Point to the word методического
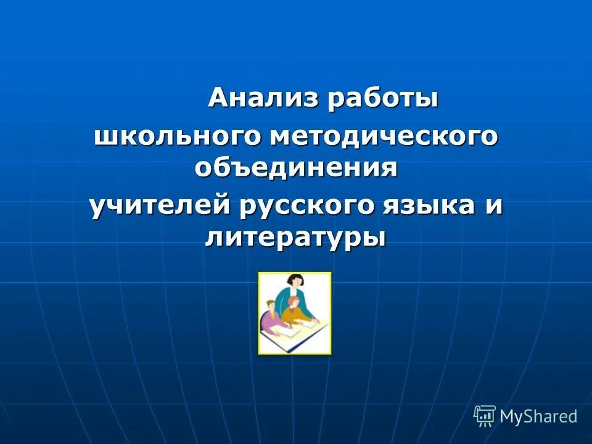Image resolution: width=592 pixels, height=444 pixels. pyautogui.click(x=383, y=136)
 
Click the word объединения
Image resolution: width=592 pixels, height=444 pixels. pyautogui.click(x=295, y=168)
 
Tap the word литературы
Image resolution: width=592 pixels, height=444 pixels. pyautogui.click(x=295, y=238)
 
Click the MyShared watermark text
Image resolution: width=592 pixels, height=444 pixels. pyautogui.click(x=538, y=416)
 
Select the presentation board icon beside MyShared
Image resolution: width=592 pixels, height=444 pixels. pyautogui.click(x=484, y=416)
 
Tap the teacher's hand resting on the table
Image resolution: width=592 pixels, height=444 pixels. pyautogui.click(x=316, y=322)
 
